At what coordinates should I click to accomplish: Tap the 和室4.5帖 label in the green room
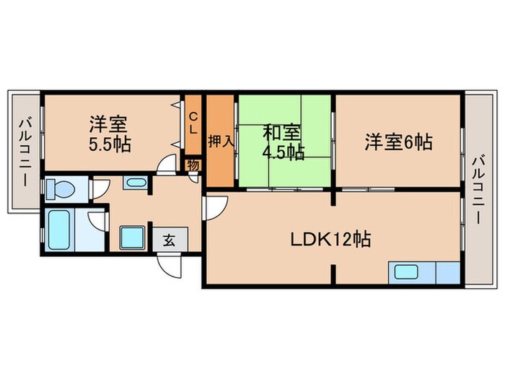click(x=282, y=141)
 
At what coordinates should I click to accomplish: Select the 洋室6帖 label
click(x=398, y=141)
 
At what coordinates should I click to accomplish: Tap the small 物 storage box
click(x=193, y=165)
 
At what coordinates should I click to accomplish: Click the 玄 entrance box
click(x=170, y=240)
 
